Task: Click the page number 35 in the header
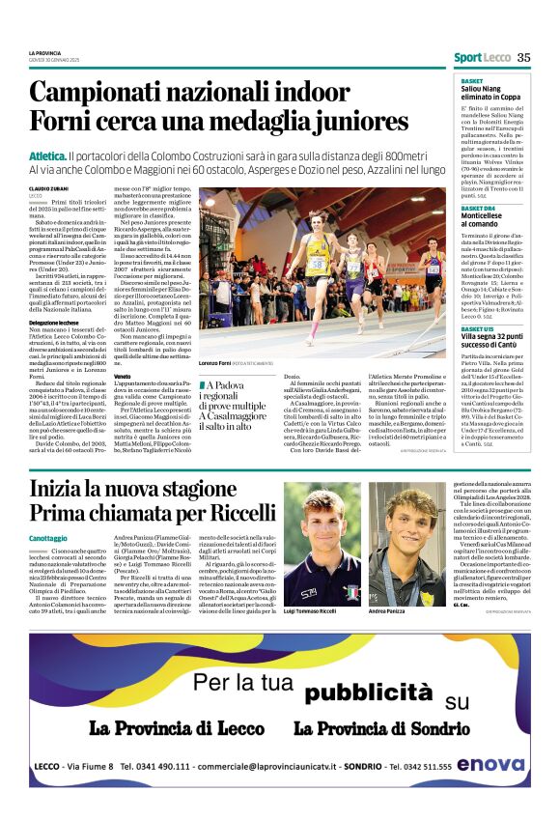[x=523, y=57]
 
